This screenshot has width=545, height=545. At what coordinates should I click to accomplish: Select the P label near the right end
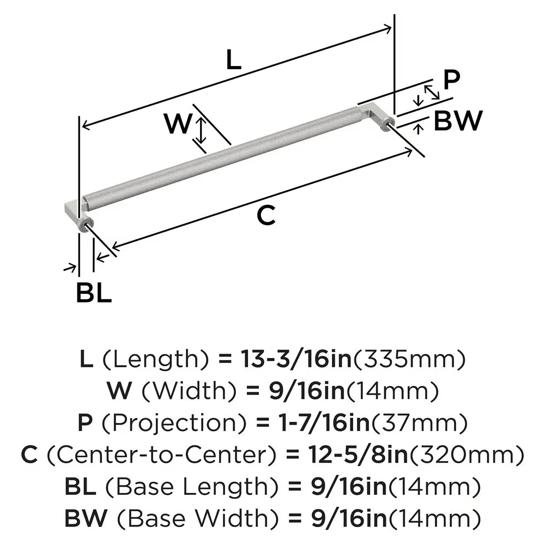point(451,80)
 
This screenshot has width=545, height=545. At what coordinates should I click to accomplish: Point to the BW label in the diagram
point(458,121)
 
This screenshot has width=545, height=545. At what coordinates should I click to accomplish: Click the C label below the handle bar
point(266,216)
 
